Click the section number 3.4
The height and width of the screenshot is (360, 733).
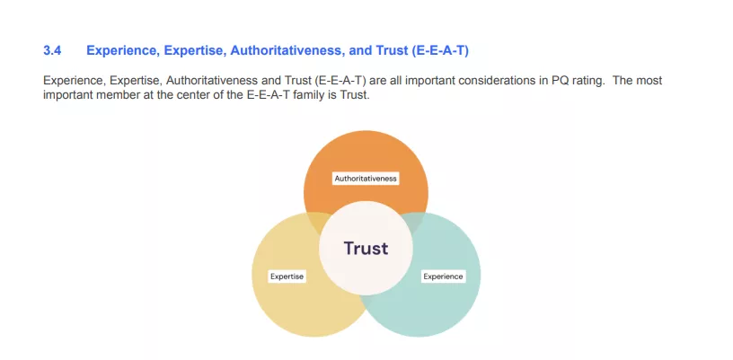[x=52, y=50]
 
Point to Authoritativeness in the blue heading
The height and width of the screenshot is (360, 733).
[x=287, y=50]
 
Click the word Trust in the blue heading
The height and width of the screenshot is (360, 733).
[x=392, y=50]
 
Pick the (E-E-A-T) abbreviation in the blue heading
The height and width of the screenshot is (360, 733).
[x=440, y=50]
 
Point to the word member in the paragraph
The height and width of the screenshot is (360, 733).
[x=121, y=95]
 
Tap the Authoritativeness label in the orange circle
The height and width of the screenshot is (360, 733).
[x=366, y=179]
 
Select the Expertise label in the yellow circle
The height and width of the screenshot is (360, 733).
[x=287, y=277]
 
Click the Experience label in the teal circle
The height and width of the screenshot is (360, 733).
[x=443, y=277]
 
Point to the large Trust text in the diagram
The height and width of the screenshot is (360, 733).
[x=366, y=249]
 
